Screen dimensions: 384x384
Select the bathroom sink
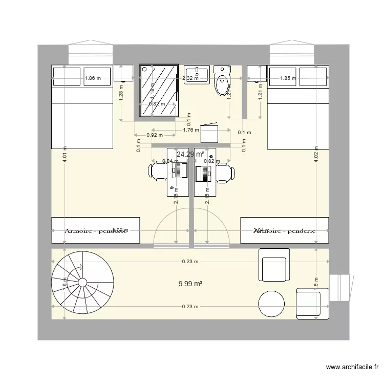tap(197, 74)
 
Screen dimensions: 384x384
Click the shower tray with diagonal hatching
tap(158, 91)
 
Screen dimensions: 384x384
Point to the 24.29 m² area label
tap(190, 154)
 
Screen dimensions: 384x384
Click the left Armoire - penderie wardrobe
tap(96, 230)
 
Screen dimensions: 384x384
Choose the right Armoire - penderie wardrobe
tap(285, 230)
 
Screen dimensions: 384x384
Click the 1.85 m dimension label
tap(288, 79)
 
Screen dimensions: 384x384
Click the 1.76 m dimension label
tap(191, 130)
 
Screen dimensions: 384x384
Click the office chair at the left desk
tap(158, 173)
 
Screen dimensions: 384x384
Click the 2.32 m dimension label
tap(191, 78)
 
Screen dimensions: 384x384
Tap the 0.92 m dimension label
tap(154, 135)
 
